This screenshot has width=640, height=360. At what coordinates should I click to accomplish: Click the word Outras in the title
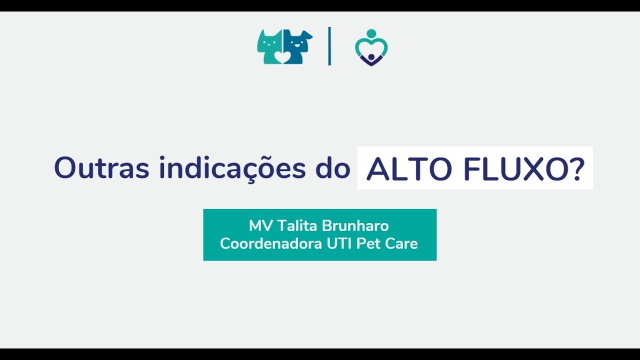(x=101, y=168)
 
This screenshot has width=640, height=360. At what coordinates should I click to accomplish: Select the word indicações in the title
(x=232, y=168)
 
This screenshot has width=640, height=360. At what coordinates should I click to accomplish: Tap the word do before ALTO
(x=333, y=168)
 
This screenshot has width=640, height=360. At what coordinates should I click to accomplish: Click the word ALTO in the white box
(x=409, y=169)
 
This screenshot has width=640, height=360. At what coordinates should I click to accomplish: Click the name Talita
(x=297, y=225)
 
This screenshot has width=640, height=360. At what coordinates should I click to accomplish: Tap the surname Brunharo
(x=355, y=225)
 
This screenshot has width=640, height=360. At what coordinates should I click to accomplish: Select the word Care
(x=401, y=243)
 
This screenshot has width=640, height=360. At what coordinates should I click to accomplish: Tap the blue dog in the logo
(x=297, y=45)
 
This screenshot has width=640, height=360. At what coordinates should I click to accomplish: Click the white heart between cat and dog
(x=283, y=57)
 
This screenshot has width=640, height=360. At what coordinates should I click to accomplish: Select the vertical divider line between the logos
(x=329, y=46)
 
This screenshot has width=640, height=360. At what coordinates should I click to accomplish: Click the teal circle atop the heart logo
(x=371, y=33)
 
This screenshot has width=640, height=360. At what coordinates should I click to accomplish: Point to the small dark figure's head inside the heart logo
(x=371, y=57)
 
